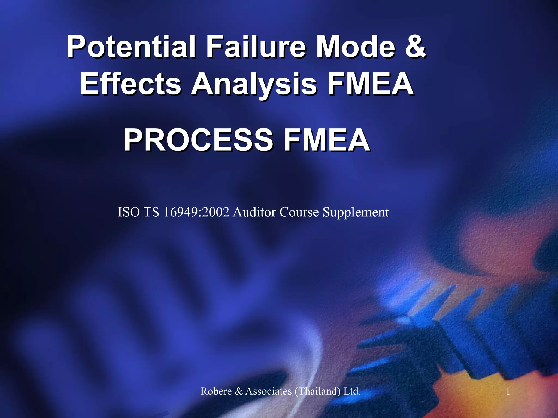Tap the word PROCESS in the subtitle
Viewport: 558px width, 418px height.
[x=198, y=140]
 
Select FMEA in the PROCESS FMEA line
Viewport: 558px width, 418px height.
[x=326, y=140]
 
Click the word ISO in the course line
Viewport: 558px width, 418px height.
[x=129, y=212]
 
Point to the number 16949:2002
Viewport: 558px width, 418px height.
[x=196, y=212]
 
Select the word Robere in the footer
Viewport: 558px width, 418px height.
[x=216, y=391]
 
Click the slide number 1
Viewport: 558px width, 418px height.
[x=508, y=391]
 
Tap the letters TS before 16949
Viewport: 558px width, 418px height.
[x=151, y=212]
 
